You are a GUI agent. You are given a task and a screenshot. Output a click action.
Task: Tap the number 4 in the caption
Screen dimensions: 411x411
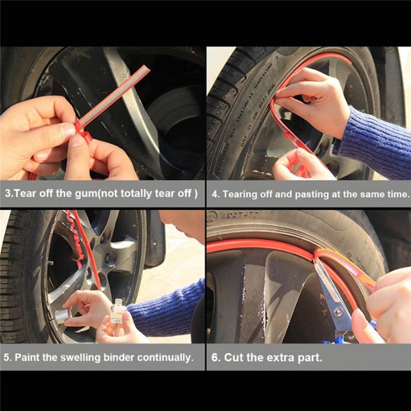(215, 194)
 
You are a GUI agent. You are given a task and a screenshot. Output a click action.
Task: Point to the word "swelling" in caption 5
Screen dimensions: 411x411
(80, 358)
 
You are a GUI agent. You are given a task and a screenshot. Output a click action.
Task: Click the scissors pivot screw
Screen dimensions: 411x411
(338, 312)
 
